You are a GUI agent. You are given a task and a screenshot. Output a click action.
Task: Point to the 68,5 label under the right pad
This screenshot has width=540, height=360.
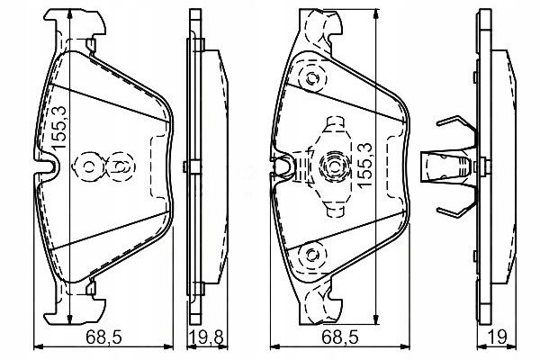pyautogui.click(x=338, y=337)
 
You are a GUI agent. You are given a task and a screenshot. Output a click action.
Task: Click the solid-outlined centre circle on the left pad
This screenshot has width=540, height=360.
pyautogui.click(x=89, y=166)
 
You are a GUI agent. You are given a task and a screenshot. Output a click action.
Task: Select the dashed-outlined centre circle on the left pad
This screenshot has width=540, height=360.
pyautogui.click(x=120, y=166)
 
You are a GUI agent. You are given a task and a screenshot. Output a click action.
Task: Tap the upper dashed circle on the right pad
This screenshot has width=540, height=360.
pyautogui.click(x=313, y=79)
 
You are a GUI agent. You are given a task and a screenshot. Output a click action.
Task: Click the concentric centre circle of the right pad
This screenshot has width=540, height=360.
pyautogui.click(x=331, y=166)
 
